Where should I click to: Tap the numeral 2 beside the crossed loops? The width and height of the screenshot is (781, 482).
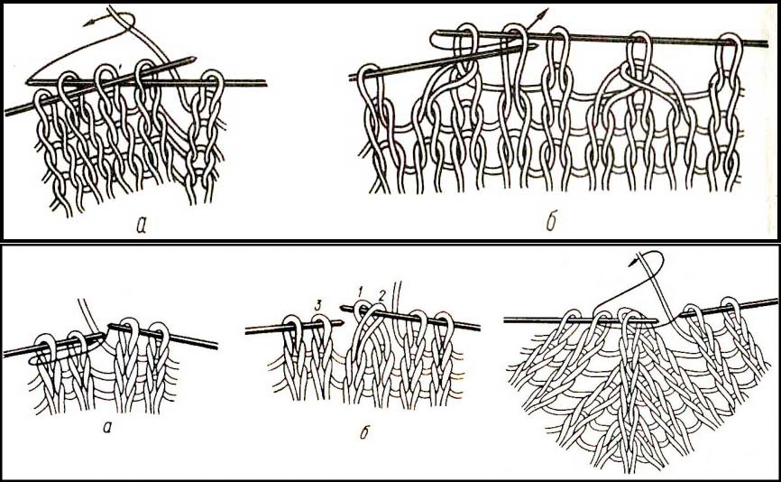click(x=382, y=295)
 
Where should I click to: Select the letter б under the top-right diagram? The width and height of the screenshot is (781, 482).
click(x=550, y=222)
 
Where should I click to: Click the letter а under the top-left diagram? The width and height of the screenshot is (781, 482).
click(x=141, y=226)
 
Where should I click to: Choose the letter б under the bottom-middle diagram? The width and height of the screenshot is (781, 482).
click(x=364, y=431)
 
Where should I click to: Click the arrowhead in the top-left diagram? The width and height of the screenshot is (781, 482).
click(x=87, y=22)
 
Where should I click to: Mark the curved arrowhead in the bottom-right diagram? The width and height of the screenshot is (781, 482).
click(x=632, y=262)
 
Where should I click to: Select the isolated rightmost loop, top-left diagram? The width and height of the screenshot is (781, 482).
click(x=213, y=89)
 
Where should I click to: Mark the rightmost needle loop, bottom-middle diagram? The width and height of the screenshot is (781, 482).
click(x=443, y=331)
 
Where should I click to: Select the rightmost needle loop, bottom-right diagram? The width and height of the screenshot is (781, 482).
click(x=730, y=309)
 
